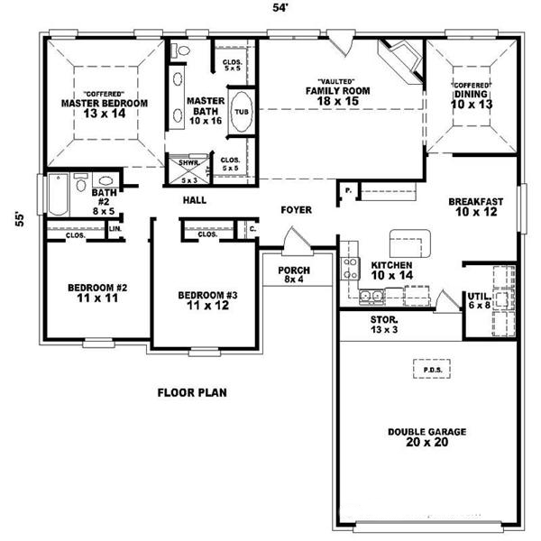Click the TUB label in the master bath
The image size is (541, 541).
[242, 112]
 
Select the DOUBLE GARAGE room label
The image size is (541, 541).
[427, 438]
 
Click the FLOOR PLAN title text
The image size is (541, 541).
[192, 392]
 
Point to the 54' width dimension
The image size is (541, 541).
[280, 8]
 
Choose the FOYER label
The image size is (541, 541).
[296, 210]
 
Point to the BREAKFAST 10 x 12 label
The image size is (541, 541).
[475, 207]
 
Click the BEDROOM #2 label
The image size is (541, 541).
[96, 293]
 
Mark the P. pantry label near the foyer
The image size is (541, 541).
[348, 189]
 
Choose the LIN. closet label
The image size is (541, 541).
[115, 228]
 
